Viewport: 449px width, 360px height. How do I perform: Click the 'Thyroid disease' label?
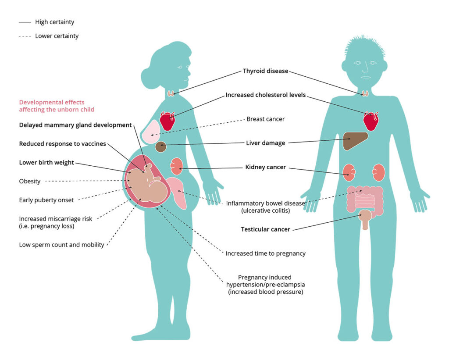pos(265,71)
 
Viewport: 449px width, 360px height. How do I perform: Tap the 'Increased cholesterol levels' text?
pos(265,95)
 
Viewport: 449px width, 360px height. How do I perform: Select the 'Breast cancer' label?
pos(265,119)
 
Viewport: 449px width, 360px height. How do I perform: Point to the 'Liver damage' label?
pos(265,143)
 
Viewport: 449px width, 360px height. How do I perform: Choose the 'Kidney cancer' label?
pos(265,167)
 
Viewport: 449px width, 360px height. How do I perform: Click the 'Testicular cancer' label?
pos(265,229)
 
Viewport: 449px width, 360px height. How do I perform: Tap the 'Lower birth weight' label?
pos(46,163)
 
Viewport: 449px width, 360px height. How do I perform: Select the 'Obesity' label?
pos(30,181)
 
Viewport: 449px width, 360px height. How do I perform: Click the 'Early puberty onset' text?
pos(46,200)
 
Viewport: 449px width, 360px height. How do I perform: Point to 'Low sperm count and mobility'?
pos(61,245)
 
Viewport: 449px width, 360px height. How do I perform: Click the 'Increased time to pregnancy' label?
pos(265,253)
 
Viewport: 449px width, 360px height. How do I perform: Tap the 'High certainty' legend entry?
pos(55,22)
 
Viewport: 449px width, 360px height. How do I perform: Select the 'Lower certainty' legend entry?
pos(57,36)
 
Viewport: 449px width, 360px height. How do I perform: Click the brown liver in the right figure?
pos(354,140)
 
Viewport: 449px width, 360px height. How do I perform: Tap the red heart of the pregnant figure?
pos(167,121)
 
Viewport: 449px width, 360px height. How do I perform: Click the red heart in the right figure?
pos(371,121)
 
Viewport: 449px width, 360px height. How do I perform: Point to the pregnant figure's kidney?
pos(176,166)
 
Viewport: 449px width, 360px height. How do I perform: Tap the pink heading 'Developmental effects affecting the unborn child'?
pos(57,106)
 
